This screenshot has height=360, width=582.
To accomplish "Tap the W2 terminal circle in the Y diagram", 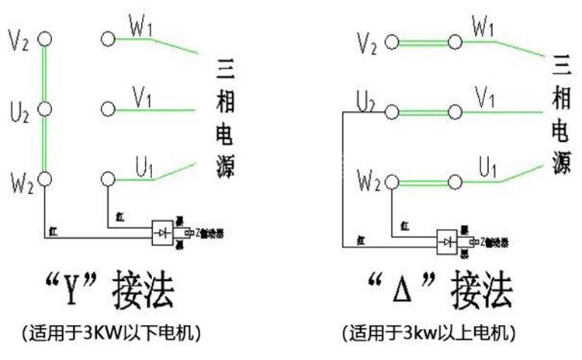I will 44,179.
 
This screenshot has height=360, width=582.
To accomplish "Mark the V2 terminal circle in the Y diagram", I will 44,36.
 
